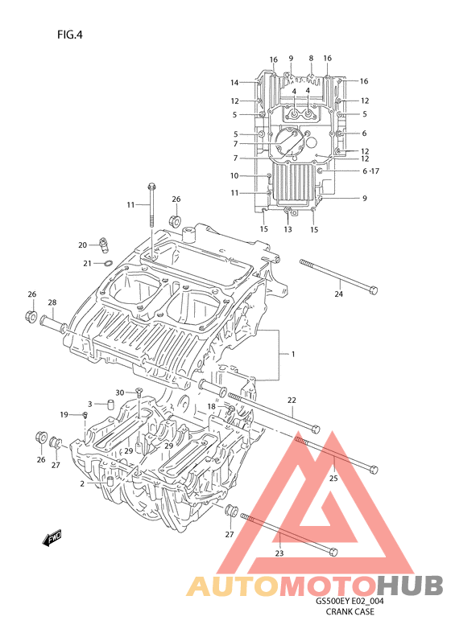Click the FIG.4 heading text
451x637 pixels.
(70, 35)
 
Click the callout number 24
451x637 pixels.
(339, 294)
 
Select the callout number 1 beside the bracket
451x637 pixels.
(293, 354)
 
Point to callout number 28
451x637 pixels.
(52, 302)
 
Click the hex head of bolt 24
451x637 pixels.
(374, 290)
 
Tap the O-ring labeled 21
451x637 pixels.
(108, 263)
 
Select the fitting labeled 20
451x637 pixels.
(103, 245)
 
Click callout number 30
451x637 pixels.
(119, 392)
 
